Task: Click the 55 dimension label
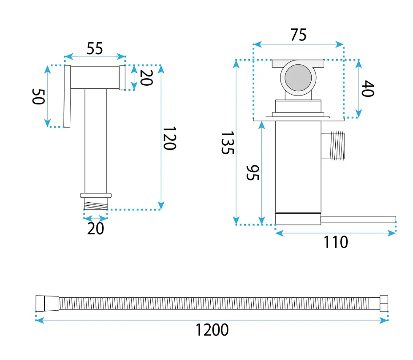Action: coord(95,48)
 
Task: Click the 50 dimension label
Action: coord(39,96)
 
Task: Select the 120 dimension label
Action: coord(169,138)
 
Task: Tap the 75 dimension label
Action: coord(298,35)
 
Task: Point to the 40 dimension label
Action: coord(368,89)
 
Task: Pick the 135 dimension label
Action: coord(227,143)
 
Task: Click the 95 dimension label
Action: coord(253,173)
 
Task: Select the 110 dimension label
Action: coord(336,242)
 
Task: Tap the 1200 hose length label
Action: coord(212,330)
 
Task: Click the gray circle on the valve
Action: coord(298,78)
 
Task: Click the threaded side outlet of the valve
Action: coord(333,146)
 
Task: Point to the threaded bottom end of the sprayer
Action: coord(96,204)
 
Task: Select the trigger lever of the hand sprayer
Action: coord(67,96)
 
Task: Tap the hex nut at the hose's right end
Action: coord(384,304)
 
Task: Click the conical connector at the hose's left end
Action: coord(48,304)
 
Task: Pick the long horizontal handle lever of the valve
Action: coord(358,219)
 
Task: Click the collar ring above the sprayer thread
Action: coord(96,196)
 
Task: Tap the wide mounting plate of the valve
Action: coord(299,119)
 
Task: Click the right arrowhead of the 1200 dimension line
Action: coord(384,320)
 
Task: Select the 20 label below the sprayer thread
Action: coord(96,228)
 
